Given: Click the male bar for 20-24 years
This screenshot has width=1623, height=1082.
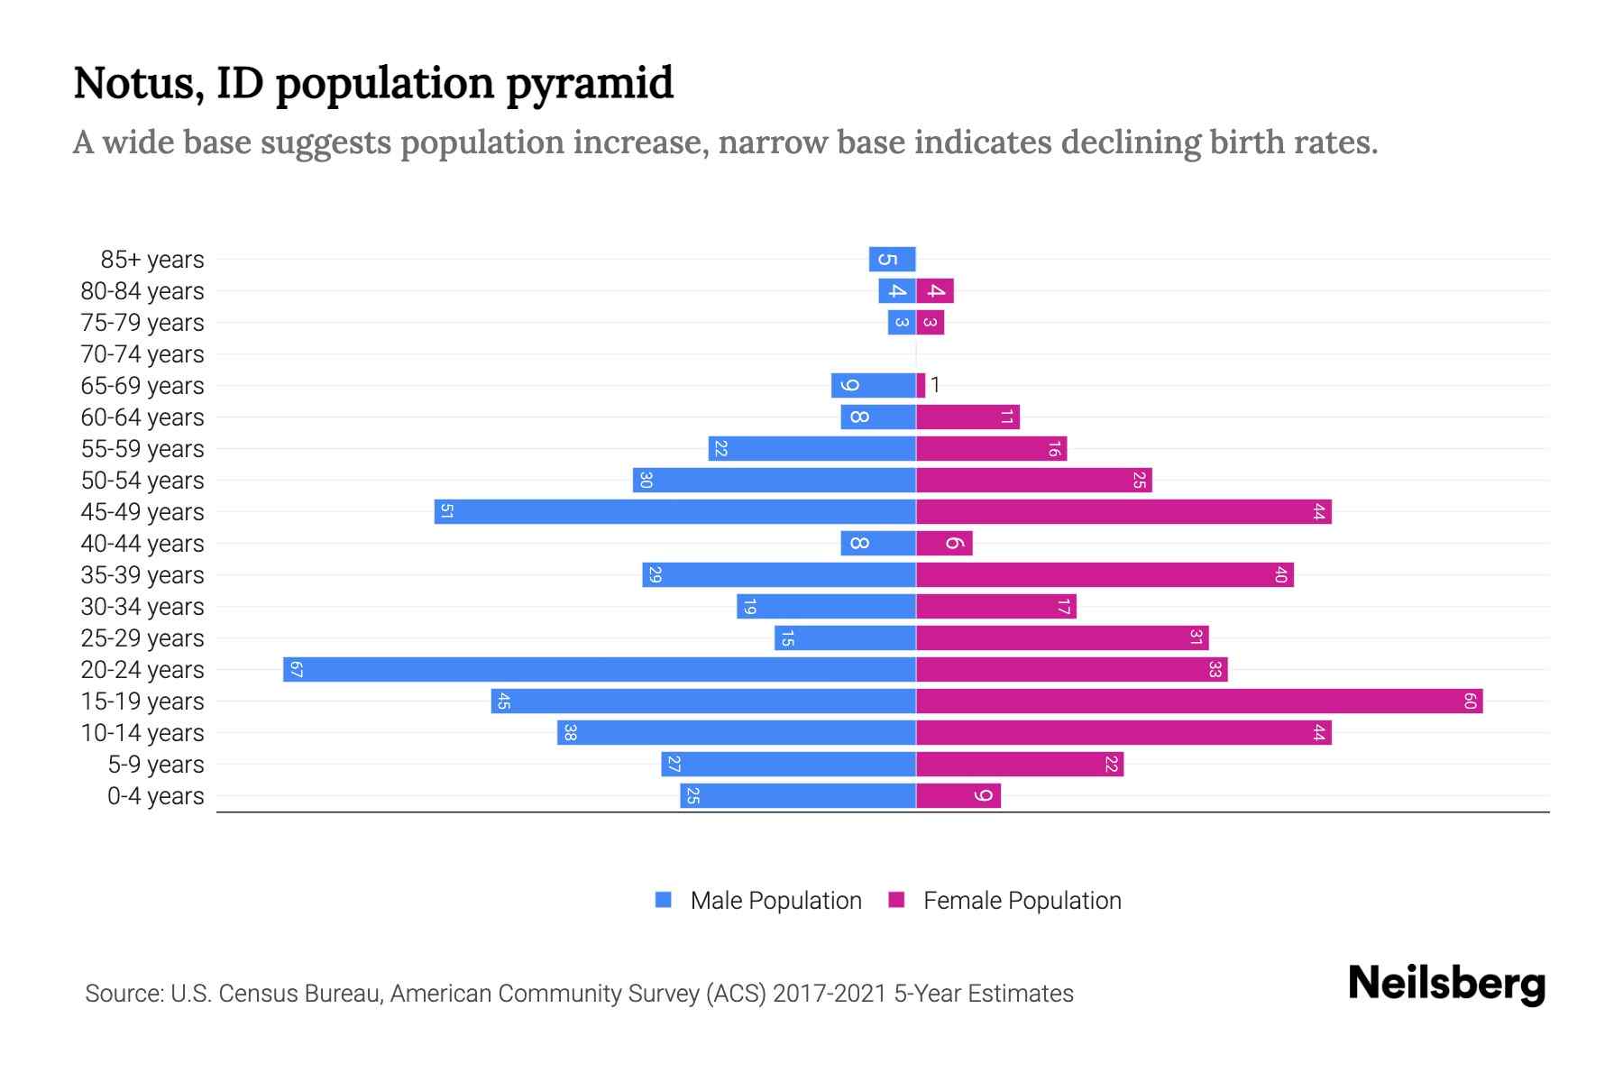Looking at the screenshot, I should point(600,670).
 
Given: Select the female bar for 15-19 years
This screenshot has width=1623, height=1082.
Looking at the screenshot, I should point(1199,701).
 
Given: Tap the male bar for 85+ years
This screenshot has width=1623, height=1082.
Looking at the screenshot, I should point(893,260).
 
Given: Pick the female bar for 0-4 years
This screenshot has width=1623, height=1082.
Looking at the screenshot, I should point(958,796).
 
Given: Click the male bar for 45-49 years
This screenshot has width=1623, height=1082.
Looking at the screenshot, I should point(674,512).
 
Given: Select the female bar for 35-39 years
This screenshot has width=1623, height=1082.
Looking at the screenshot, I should point(1105,575).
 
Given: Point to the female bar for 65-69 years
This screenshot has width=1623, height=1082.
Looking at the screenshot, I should point(921,386).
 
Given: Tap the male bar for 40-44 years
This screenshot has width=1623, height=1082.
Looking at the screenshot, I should point(878,544).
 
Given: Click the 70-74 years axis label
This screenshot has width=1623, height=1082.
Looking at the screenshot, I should point(142,354).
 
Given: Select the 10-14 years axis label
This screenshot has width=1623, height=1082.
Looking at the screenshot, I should point(142,733).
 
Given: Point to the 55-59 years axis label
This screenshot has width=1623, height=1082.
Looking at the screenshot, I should point(142,449).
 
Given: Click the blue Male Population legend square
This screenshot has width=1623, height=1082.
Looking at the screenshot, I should point(664,900).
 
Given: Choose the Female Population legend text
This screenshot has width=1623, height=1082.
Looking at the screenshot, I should point(1022,901).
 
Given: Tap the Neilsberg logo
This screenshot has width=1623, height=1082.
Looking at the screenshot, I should point(1446,984).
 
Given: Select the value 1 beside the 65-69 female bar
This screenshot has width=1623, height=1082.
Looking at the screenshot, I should point(936,386).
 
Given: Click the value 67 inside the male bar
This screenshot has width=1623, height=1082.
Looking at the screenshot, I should point(296,670).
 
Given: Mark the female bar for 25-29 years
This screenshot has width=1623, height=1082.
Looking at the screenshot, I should point(1062,638).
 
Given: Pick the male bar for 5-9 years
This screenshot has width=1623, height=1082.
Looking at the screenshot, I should point(788,765).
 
